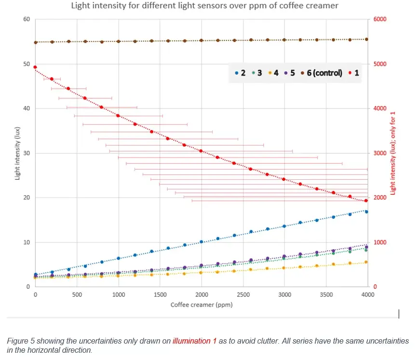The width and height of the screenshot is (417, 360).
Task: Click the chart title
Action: coord(204,6)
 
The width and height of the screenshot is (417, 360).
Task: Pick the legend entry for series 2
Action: coord(240,73)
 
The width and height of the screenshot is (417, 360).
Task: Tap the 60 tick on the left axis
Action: coord(27,19)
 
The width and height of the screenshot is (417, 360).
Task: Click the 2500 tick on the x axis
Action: coord(243,294)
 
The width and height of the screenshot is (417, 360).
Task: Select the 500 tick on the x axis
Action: coord(77,294)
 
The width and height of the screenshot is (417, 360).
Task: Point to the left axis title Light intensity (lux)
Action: coord(17,153)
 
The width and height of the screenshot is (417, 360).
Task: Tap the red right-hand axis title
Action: coord(392,153)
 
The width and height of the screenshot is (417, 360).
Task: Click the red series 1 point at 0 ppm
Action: coord(35,67)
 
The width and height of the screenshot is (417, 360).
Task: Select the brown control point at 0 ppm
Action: coord(35,42)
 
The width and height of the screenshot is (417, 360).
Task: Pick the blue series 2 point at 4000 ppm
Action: coord(366,212)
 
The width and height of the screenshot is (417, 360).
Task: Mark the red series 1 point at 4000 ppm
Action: coord(366,200)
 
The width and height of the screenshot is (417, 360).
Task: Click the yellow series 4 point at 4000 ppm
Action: coord(366,262)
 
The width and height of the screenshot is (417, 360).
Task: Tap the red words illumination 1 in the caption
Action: coord(195,341)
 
